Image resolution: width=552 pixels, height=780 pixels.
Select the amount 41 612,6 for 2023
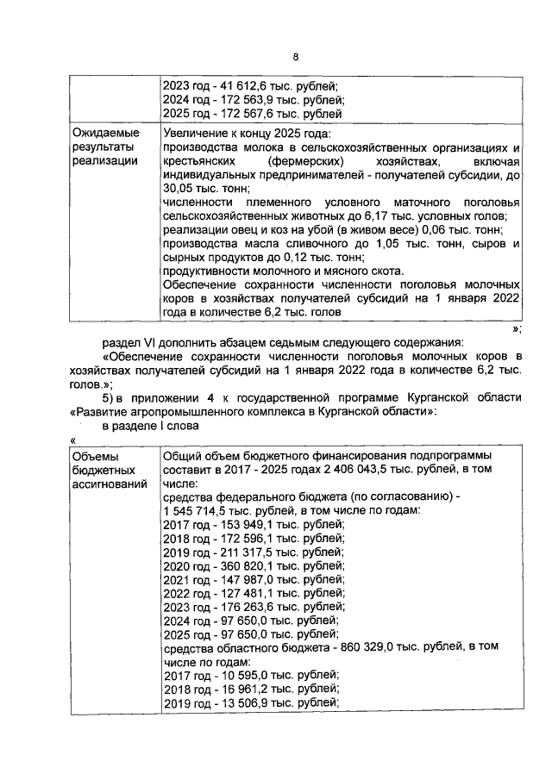tap(244, 85)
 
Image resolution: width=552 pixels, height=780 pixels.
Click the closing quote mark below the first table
tap(515, 328)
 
